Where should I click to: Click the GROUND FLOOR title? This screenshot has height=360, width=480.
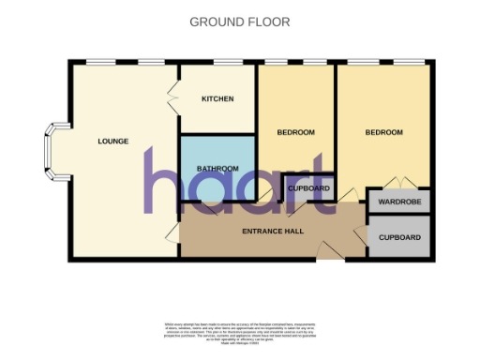240,22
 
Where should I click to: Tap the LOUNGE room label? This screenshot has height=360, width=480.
112,142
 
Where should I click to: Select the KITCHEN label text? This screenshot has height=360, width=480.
217,99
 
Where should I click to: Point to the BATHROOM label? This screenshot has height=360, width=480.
217,169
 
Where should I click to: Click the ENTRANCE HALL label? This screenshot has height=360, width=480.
271,232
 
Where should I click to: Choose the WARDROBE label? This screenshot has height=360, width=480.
400,202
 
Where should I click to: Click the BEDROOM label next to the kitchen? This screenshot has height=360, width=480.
295,133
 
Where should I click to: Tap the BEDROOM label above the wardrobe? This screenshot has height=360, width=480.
383,133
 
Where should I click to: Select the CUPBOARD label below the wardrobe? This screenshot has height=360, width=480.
400,238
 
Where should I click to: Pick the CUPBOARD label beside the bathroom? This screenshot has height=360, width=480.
308,188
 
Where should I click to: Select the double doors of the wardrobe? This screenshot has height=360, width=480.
399,182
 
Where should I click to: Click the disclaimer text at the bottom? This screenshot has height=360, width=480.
240,333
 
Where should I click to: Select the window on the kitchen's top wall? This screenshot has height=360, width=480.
217,63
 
